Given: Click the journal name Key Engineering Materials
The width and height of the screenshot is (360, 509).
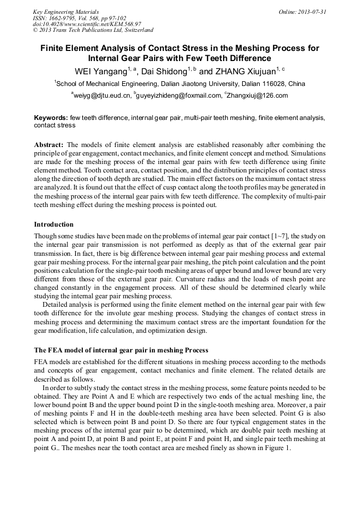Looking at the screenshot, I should tap(66, 11).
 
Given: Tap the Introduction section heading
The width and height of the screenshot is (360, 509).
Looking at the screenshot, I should tap(54, 225).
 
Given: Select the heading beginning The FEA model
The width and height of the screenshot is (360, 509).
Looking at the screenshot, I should tap(121, 350).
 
